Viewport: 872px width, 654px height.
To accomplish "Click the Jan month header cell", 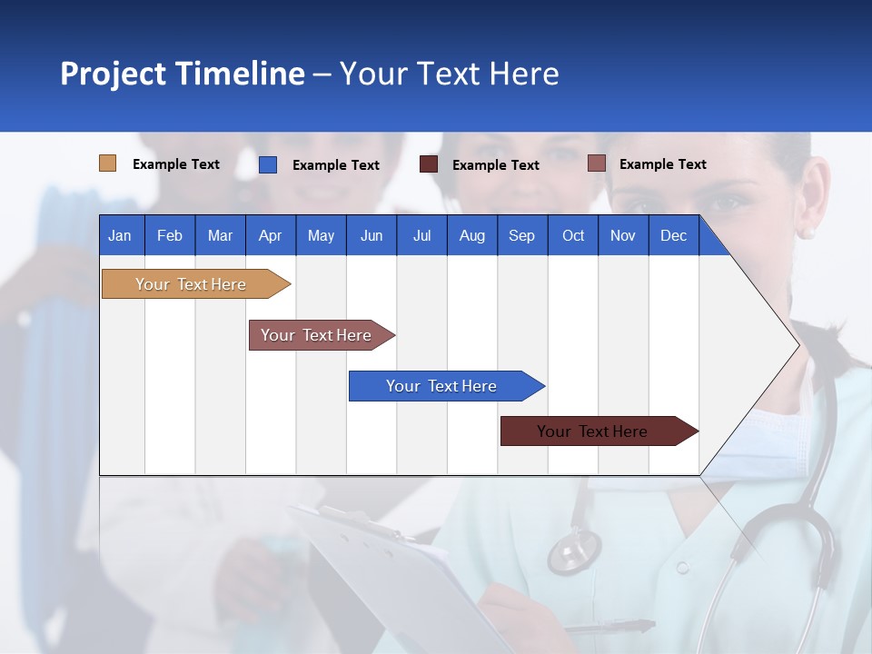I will pyautogui.click(x=121, y=235).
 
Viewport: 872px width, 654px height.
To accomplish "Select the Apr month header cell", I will pyautogui.click(x=271, y=235).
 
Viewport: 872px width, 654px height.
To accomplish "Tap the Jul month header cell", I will pyautogui.click(x=421, y=235).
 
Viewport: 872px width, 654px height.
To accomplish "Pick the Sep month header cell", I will pyautogui.click(x=522, y=235).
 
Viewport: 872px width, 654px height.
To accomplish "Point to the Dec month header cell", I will pyautogui.click(x=674, y=235).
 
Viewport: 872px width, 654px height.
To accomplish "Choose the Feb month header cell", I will pyautogui.click(x=170, y=235).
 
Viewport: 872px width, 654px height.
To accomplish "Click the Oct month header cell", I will pyautogui.click(x=573, y=235).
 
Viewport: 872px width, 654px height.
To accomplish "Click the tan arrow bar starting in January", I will pyautogui.click(x=191, y=284).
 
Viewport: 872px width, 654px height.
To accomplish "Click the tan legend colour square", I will pyautogui.click(x=107, y=163).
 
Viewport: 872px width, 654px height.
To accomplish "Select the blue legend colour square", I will pyautogui.click(x=268, y=164).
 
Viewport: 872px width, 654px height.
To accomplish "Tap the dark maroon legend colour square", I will pyautogui.click(x=429, y=164).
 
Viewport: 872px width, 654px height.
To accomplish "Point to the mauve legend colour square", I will pyautogui.click(x=596, y=163).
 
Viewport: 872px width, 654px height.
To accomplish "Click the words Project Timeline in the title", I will pyautogui.click(x=182, y=74).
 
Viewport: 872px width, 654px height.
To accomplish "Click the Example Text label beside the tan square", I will pyautogui.click(x=176, y=164).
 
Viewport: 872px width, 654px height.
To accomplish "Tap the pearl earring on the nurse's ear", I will pyautogui.click(x=806, y=233).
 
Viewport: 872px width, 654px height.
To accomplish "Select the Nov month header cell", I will pyautogui.click(x=623, y=235).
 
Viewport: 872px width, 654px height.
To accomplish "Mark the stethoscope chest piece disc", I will pyautogui.click(x=574, y=550).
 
